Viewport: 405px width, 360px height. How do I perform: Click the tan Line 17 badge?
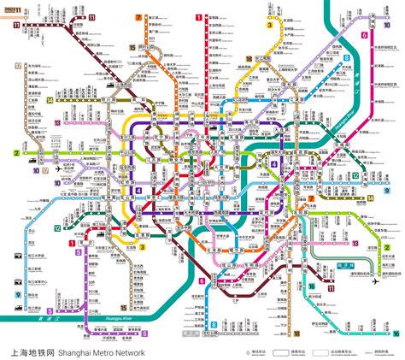click(19, 64)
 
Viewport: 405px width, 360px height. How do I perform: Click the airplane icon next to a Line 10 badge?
click(58, 168)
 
